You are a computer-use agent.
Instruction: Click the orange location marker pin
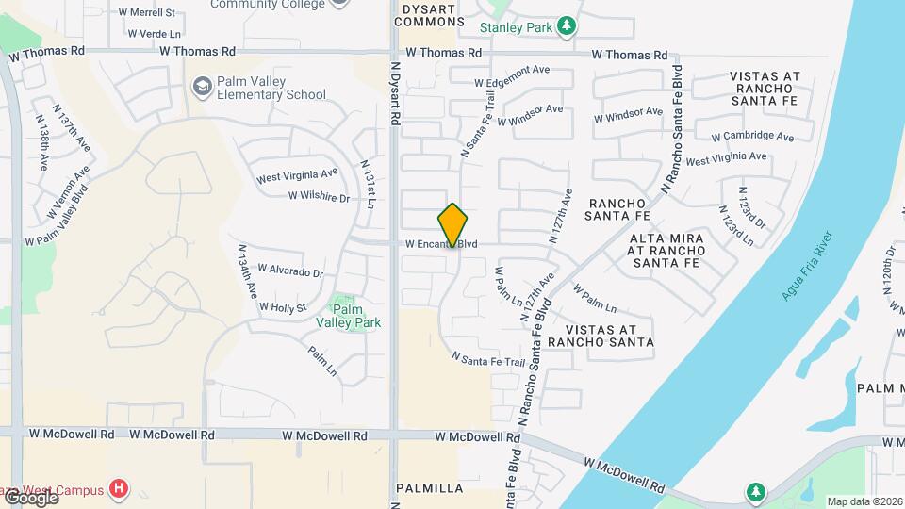click(x=452, y=225)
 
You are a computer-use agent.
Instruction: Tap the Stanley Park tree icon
click(x=567, y=26)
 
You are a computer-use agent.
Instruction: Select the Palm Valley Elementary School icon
click(x=202, y=87)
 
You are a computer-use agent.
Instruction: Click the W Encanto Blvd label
click(x=441, y=244)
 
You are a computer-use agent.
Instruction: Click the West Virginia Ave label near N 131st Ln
click(x=297, y=175)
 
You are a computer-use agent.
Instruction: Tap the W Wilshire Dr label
click(x=319, y=197)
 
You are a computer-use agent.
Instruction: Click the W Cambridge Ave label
click(x=752, y=136)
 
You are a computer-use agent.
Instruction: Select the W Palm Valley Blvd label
click(x=58, y=221)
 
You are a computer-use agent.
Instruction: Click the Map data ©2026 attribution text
click(x=864, y=501)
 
